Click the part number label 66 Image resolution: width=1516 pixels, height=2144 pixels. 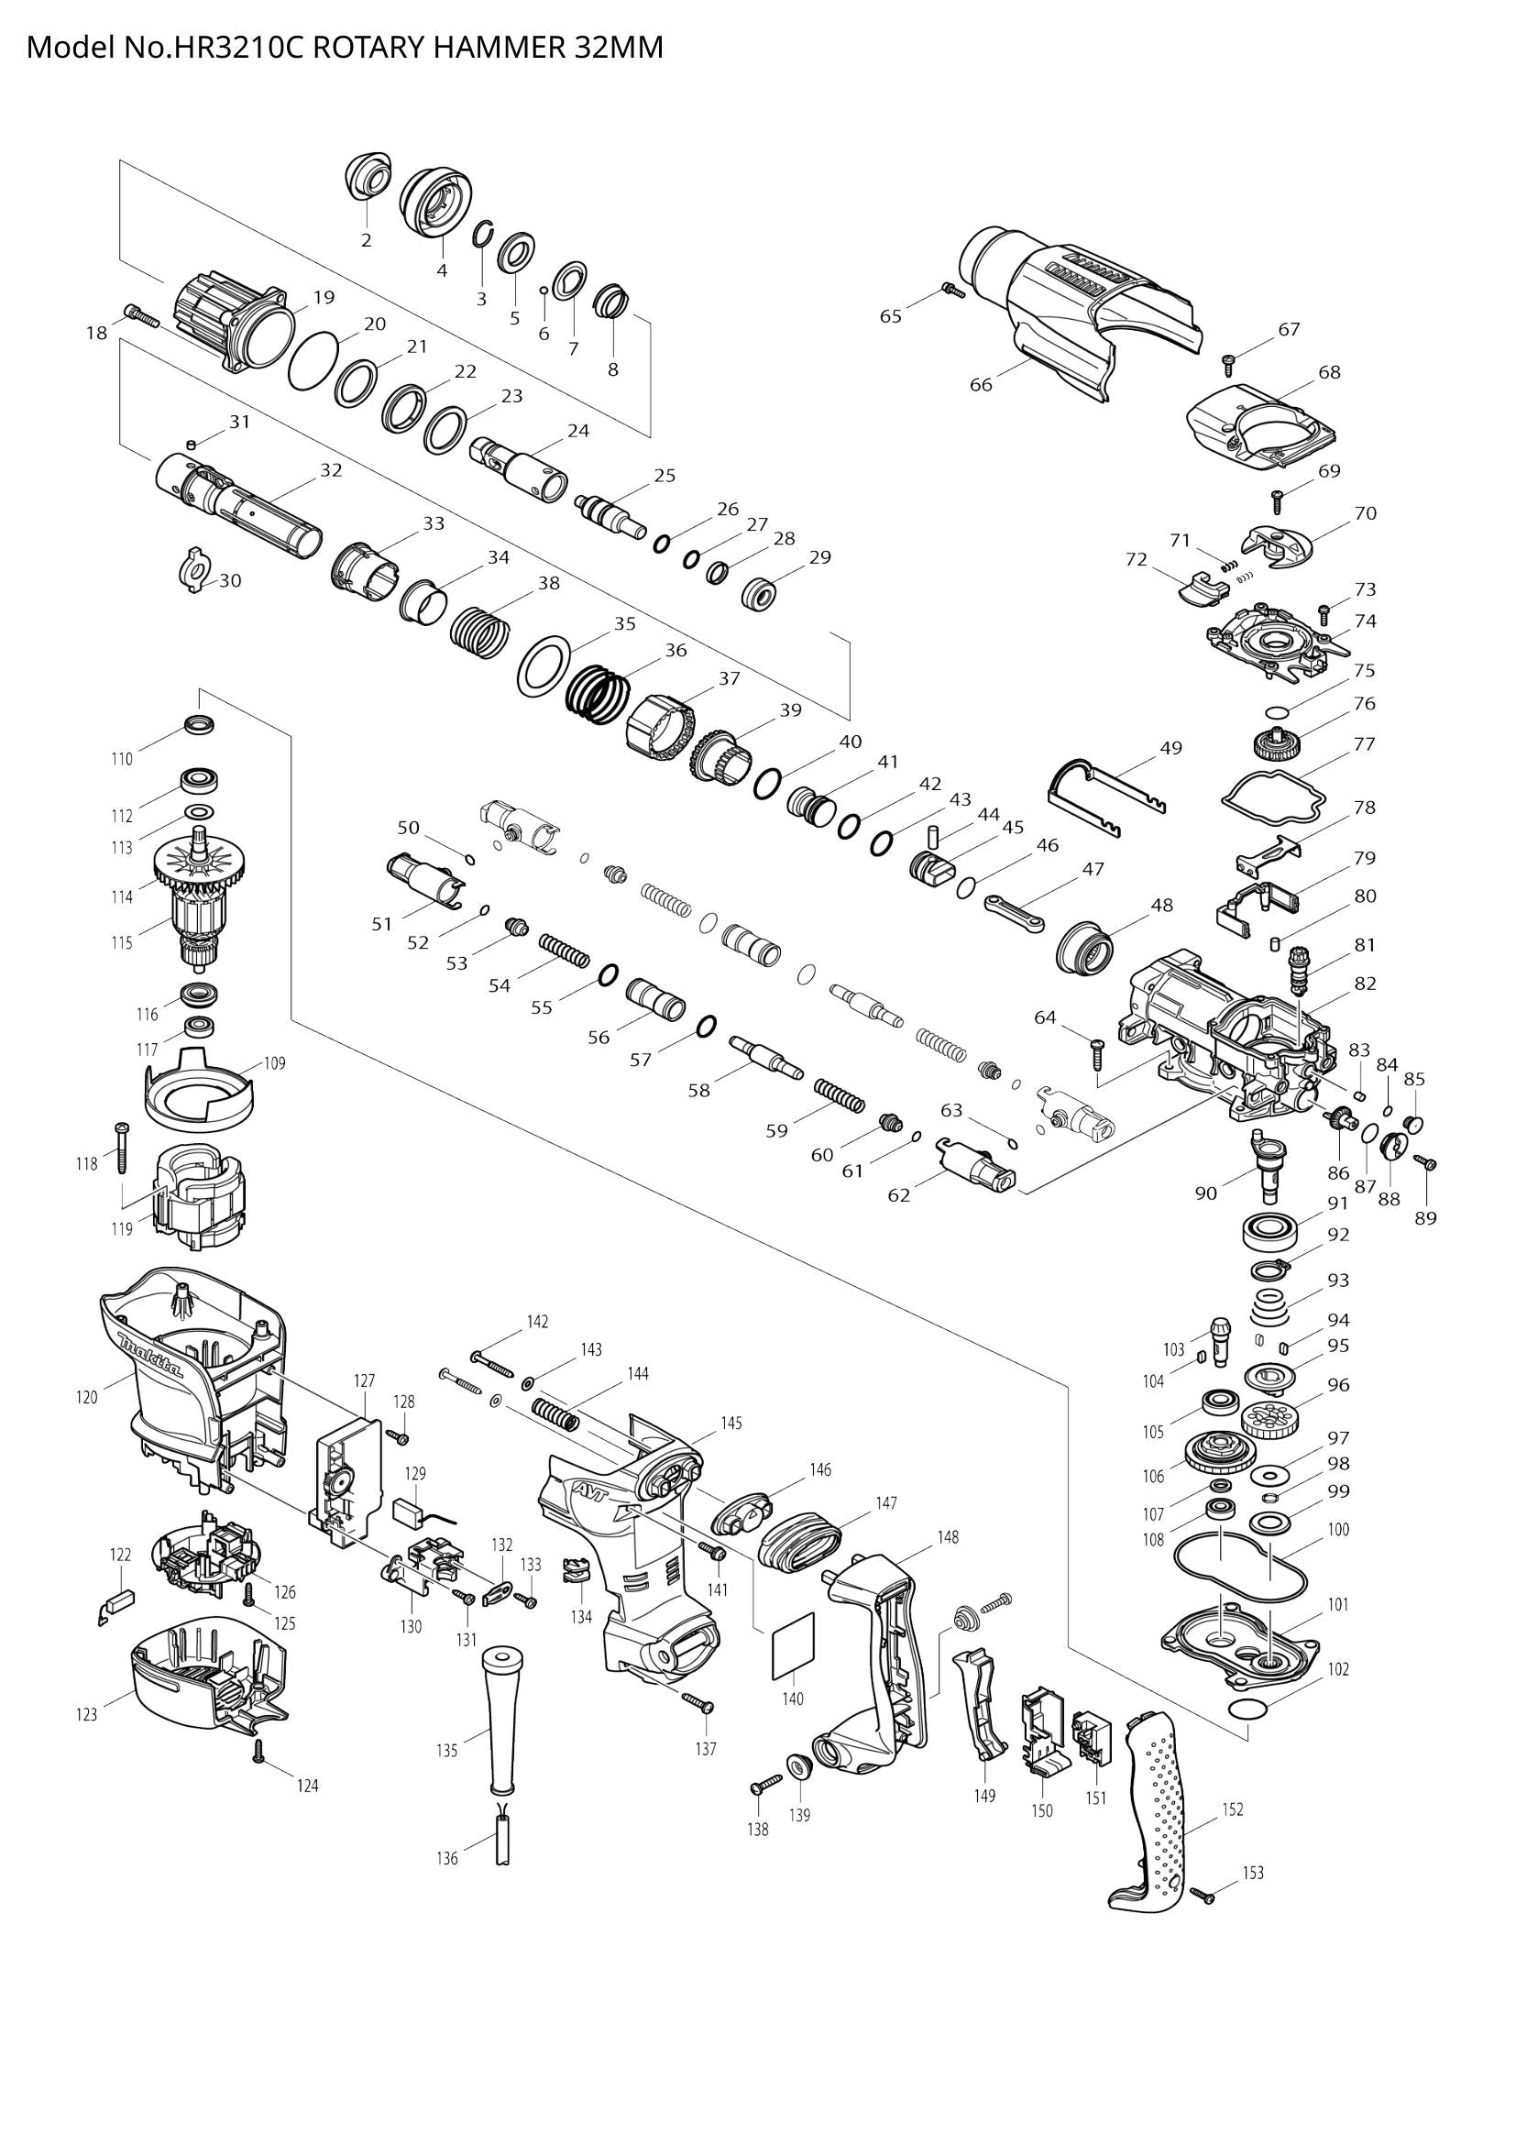981,384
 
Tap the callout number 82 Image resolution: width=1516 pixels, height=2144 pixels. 1365,984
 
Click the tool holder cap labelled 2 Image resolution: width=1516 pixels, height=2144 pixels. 367,177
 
